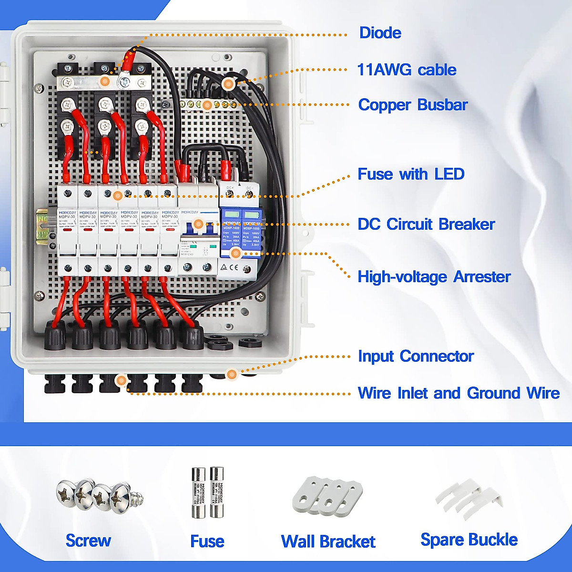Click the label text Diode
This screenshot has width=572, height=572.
[x=380, y=33]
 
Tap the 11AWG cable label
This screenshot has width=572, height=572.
[x=407, y=70]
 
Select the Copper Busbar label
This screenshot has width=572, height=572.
[x=413, y=105]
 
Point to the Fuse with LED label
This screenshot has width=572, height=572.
[x=411, y=174]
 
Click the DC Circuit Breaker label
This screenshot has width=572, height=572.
[x=426, y=224]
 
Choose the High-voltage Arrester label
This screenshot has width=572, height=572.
[x=434, y=276]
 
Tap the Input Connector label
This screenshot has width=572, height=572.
[x=416, y=356]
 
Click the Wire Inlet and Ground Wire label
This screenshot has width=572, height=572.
[x=459, y=393]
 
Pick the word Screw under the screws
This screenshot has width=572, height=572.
[x=88, y=541]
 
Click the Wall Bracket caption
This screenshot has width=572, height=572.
[x=328, y=541]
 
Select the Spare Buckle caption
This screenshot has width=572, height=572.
[x=469, y=540]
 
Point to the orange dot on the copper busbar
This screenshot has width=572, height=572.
[x=206, y=105]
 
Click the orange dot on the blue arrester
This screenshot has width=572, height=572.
[x=235, y=254]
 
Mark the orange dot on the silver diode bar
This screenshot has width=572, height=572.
[x=106, y=82]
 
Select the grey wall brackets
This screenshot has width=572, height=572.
[x=327, y=496]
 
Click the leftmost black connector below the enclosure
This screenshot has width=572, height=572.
[x=55, y=383]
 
